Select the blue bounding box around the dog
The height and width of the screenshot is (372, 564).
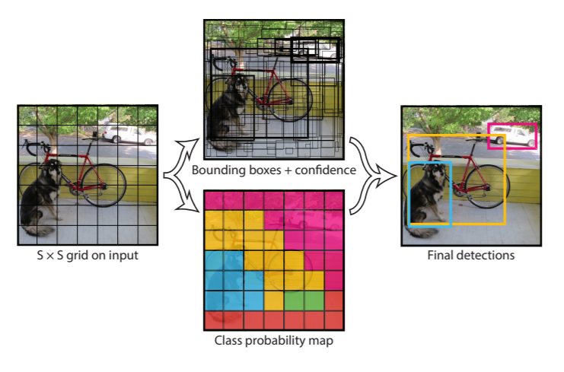(x=409, y=194)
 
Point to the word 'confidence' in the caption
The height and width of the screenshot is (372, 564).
(x=325, y=170)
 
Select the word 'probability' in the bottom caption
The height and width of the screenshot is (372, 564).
(x=276, y=340)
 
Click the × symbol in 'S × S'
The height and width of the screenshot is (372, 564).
(x=50, y=256)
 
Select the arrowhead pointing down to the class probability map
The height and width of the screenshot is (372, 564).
(x=190, y=205)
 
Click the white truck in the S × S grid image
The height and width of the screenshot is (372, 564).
(x=128, y=135)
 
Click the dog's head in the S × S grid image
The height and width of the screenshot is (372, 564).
(x=53, y=169)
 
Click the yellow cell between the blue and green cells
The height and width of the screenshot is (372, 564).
(x=274, y=300)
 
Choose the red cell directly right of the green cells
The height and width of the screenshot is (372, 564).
(x=334, y=300)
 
